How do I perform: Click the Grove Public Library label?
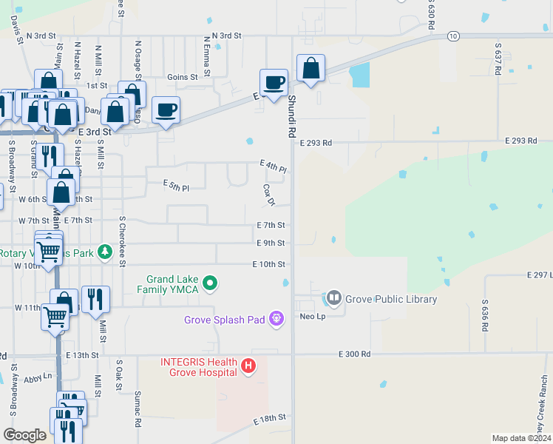click(390, 300)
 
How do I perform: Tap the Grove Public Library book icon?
click(333, 299)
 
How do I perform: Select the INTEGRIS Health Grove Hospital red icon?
click(248, 365)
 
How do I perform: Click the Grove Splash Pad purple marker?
click(277, 320)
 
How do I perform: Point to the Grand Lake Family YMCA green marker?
click(210, 283)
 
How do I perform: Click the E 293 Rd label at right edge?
click(520, 141)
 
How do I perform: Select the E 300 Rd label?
click(355, 354)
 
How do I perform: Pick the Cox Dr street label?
click(269, 195)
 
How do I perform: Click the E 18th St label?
click(270, 419)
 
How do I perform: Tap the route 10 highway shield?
click(453, 36)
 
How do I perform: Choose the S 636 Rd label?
click(485, 315)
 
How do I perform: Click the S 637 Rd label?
click(498, 58)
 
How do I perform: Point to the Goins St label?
click(183, 76)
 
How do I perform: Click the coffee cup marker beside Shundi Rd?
click(274, 82)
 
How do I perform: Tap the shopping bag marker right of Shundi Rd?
click(311, 69)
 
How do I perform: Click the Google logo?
click(25, 435)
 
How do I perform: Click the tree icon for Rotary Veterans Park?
click(105, 252)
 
